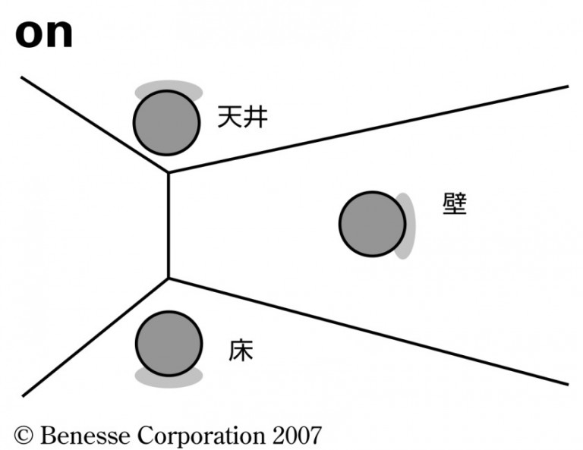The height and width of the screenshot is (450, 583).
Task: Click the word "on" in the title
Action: pyautogui.click(x=44, y=33)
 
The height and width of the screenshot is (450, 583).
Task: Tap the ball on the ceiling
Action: pyautogui.click(x=166, y=123)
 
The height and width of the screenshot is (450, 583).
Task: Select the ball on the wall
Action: pyautogui.click(x=372, y=224)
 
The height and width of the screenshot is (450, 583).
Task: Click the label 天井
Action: pyautogui.click(x=242, y=117)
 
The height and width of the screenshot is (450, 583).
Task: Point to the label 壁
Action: pyautogui.click(x=455, y=203)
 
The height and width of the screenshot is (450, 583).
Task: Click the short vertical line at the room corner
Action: pyautogui.click(x=168, y=225)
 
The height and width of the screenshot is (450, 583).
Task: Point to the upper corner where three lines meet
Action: pyautogui.click(x=168, y=173)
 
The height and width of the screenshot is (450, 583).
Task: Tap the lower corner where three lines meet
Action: pyautogui.click(x=168, y=278)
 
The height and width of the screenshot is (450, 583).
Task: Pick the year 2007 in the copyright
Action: pyautogui.click(x=293, y=435)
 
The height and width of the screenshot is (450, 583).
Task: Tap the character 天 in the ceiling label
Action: pyautogui.click(x=229, y=117)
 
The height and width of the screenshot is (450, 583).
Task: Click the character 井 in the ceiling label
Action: pyautogui.click(x=255, y=117)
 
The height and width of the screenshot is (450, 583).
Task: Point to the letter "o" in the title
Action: pyautogui.click(x=30, y=34)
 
